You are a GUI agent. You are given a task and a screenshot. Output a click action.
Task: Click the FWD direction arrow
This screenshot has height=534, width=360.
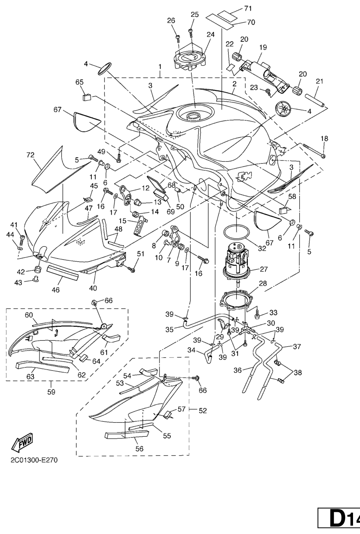click(22, 443)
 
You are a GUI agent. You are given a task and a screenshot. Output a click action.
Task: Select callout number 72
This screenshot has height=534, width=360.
click(30, 155)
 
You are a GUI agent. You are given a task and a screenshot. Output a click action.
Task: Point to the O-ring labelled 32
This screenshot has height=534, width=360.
click(236, 233)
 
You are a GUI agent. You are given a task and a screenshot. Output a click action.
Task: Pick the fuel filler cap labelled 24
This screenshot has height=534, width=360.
click(192, 59)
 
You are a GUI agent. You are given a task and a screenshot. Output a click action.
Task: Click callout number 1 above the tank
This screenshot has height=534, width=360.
click(160, 66)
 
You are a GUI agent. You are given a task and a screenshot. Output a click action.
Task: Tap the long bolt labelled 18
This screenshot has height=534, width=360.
click(314, 150)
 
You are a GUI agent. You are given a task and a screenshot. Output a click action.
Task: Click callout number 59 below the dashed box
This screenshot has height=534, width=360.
click(51, 392)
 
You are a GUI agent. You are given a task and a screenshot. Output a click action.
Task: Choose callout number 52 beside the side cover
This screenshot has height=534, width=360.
click(202, 411)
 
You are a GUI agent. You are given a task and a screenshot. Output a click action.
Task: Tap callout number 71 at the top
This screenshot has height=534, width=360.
click(248, 9)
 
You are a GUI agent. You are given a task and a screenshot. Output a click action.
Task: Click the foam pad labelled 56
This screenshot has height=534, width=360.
click(127, 434)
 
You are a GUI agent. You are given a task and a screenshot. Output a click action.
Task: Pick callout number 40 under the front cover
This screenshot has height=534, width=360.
click(93, 288)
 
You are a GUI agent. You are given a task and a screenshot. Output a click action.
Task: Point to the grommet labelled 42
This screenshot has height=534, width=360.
click(38, 269)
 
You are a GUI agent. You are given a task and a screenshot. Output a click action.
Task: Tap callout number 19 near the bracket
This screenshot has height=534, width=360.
click(263, 47)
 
